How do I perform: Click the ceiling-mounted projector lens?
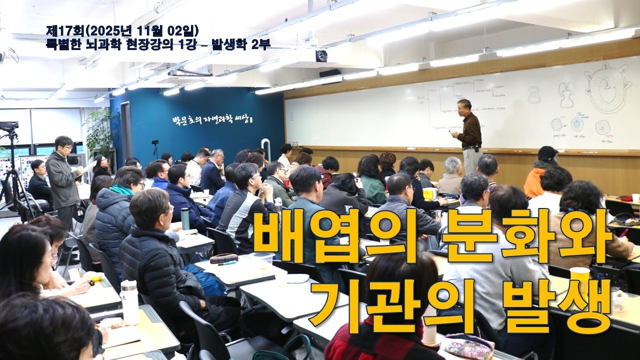pyautogui.click(x=321, y=56)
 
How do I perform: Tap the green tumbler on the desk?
pyautogui.click(x=185, y=218)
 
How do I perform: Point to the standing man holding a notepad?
pyautogui.click(x=63, y=175)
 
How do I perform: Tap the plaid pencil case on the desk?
pyautogui.click(x=223, y=258)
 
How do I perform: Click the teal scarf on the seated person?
pyautogui.click(x=121, y=190)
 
